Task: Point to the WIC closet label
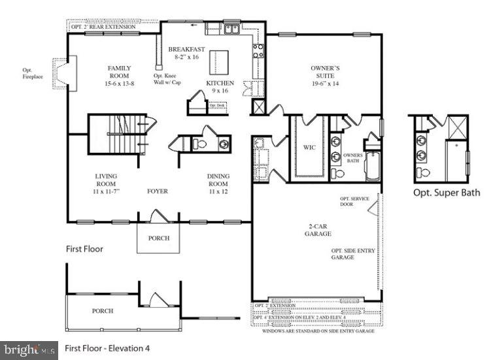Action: click(x=309, y=148)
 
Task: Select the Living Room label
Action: click(x=105, y=184)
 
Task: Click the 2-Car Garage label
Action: click(x=319, y=229)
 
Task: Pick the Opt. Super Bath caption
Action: click(x=446, y=193)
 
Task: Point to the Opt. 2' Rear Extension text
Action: click(x=105, y=27)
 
